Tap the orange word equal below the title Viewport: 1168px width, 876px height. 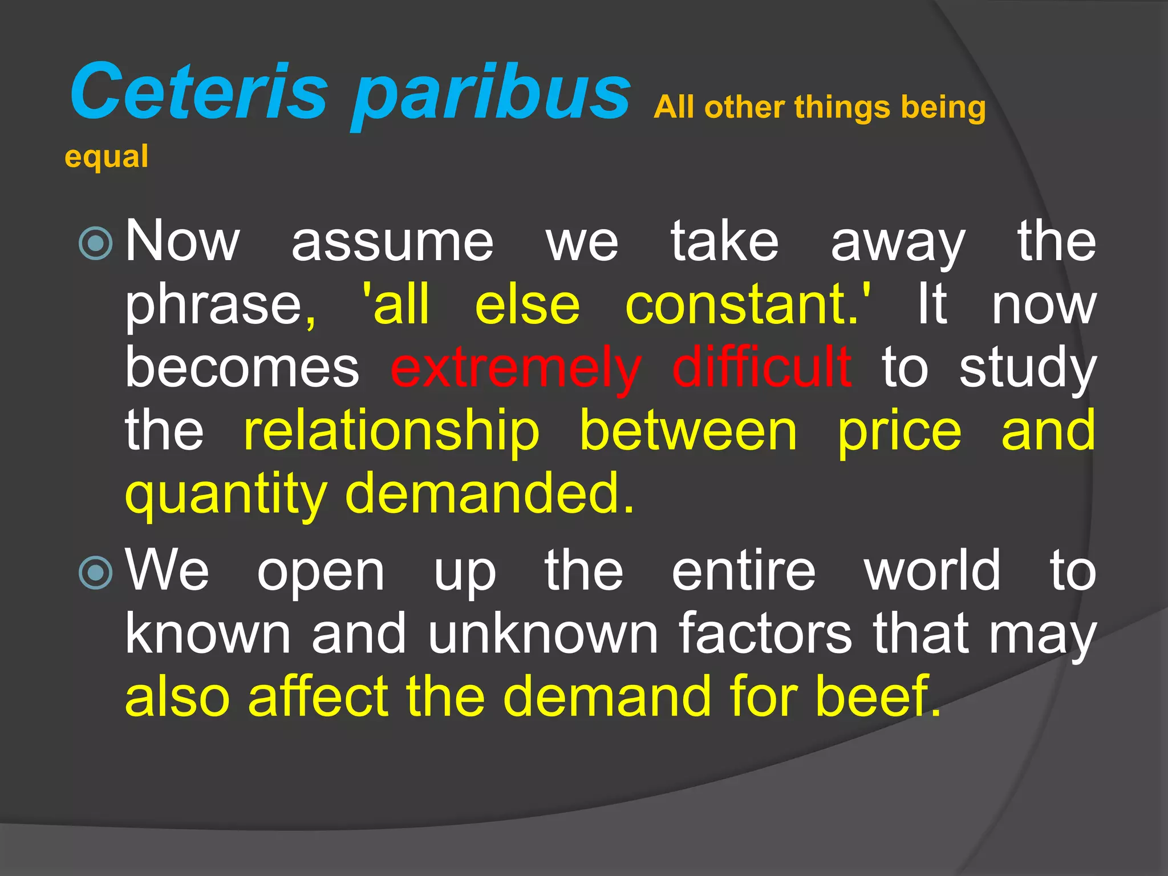[x=107, y=157]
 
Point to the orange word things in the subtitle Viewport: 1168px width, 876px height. [x=842, y=108]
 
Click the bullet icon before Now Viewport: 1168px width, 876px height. [x=96, y=244]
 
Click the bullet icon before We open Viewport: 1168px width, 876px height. [x=96, y=572]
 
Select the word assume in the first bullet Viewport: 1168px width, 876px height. [x=392, y=242]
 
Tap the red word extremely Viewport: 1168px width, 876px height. [x=516, y=368]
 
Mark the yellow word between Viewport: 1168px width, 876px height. [x=688, y=431]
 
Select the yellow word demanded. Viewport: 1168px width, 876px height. [x=489, y=493]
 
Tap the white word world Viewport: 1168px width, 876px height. [x=932, y=570]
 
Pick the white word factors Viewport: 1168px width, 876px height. [x=765, y=634]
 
